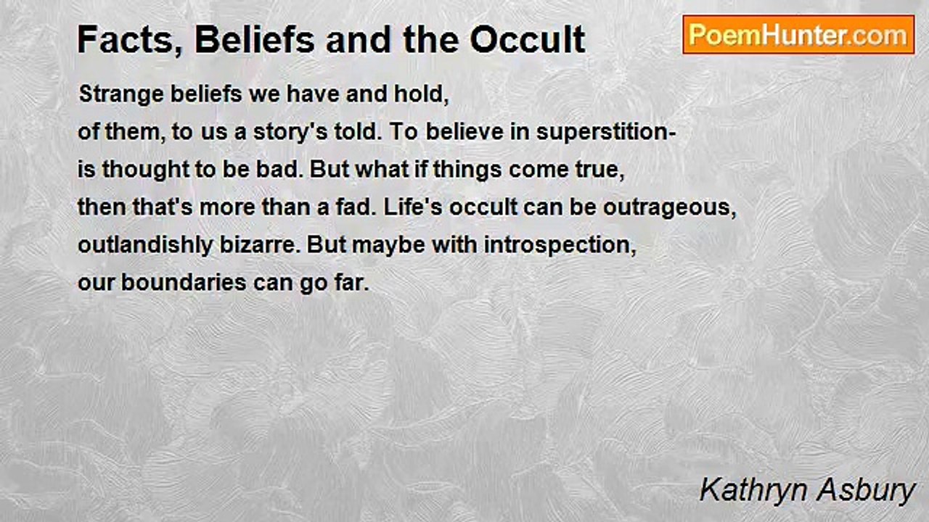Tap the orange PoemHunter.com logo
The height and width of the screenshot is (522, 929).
(798, 35)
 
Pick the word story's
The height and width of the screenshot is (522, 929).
(291, 133)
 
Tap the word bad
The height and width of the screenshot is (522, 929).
(286, 170)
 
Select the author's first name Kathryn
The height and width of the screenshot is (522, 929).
(748, 491)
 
